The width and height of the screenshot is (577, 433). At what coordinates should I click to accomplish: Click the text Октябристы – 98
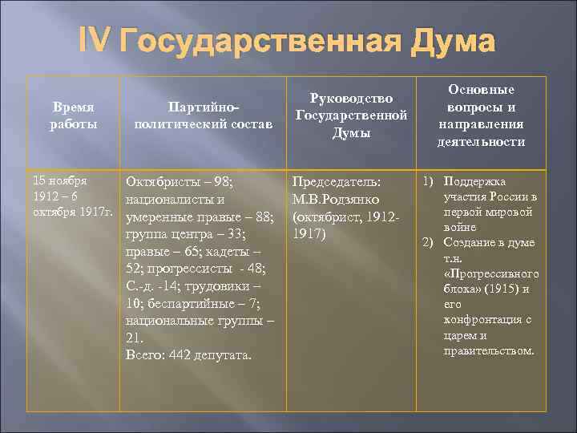point(178,182)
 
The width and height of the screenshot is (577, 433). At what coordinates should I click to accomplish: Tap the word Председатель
point(337,182)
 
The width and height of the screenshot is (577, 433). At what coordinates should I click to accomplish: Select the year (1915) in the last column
point(506,289)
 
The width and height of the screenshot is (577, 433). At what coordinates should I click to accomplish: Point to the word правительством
point(489,350)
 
